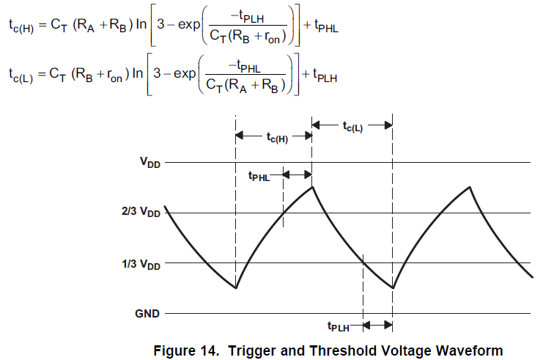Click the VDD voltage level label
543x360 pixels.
point(149,164)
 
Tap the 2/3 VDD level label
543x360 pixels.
point(140,213)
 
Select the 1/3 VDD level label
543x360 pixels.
point(140,262)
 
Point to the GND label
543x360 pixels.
point(147,313)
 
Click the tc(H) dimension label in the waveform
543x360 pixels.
point(276,137)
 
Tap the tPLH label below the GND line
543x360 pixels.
point(341,326)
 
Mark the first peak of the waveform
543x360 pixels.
point(312,186)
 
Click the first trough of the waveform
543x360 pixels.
point(236,287)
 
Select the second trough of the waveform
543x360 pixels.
point(393,287)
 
